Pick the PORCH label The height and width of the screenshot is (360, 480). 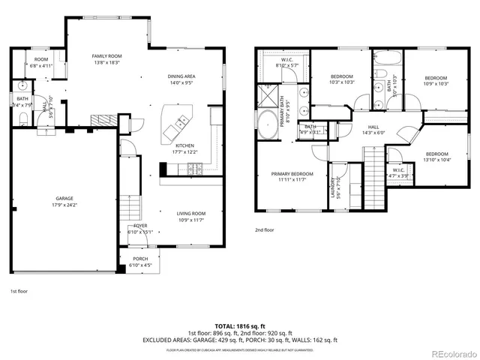[140, 262]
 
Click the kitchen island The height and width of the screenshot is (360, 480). [178, 123]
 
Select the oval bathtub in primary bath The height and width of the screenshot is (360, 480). [268, 124]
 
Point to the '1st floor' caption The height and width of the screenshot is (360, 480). [19, 290]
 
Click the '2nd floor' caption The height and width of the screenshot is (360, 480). [265, 231]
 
